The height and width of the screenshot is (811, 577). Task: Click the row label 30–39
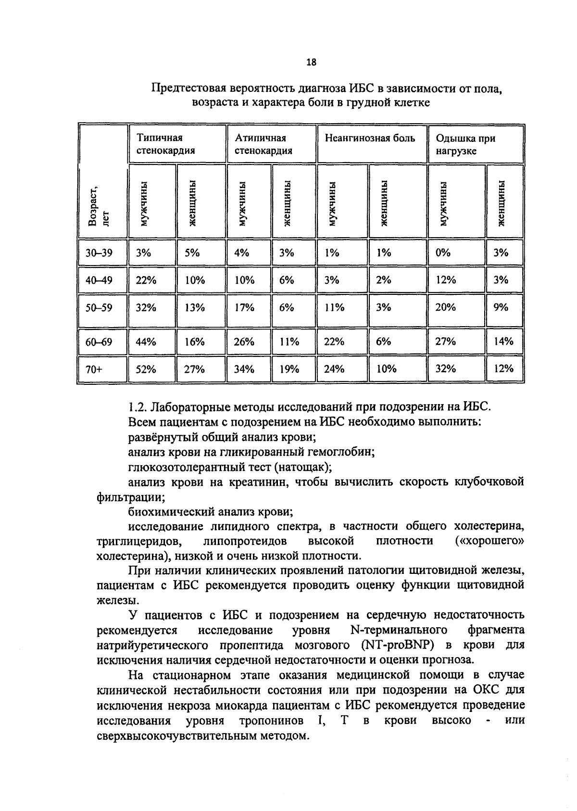[x=99, y=253]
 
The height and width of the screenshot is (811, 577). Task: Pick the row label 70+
[x=94, y=369]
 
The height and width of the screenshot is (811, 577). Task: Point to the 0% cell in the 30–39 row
[x=442, y=253]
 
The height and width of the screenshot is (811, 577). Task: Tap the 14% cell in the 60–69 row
[x=503, y=342]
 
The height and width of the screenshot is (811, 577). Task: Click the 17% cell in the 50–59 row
[x=244, y=307]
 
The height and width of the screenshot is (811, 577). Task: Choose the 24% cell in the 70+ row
[x=334, y=369]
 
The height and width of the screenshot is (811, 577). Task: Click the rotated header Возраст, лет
[x=98, y=206]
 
